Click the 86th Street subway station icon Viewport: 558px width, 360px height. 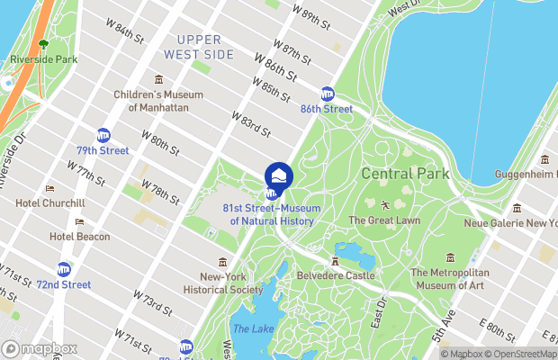(328, 94)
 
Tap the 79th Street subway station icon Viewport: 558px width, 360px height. (103, 134)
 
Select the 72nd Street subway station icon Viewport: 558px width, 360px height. (64, 269)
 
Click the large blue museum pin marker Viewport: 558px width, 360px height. (279, 175)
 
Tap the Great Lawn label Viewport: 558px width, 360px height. (383, 220)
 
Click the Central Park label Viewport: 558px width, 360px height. (399, 173)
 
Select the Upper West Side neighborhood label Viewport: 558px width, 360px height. (205, 47)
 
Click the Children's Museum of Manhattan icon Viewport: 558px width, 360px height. (159, 80)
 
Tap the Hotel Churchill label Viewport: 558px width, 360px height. (50, 202)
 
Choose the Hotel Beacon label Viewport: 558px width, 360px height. (79, 237)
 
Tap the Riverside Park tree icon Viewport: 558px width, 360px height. (43, 44)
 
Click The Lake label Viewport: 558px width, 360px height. (253, 328)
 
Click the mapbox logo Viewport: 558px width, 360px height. (40, 348)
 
